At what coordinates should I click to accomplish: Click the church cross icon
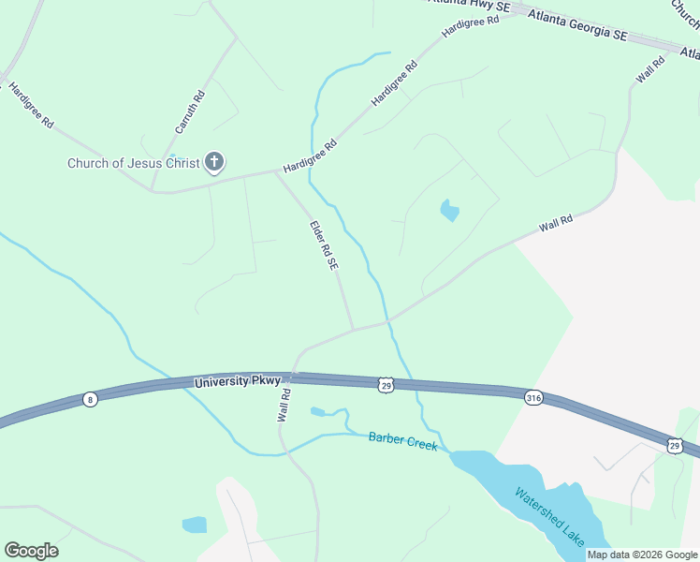[214, 163]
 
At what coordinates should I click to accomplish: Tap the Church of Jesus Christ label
[134, 164]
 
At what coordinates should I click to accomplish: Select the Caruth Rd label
[190, 111]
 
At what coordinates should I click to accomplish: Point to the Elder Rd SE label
[324, 245]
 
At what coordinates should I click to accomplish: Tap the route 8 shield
[90, 399]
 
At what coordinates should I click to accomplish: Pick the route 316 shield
[533, 397]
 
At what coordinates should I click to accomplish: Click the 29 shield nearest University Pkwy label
[386, 384]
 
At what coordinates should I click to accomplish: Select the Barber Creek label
[402, 440]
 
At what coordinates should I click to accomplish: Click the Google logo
[31, 551]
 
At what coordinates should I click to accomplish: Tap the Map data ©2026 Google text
[642, 555]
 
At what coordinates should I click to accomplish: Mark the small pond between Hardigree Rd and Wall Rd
[450, 211]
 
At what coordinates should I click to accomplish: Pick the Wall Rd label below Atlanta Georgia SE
[649, 70]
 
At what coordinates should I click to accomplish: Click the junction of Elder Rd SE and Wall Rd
[354, 329]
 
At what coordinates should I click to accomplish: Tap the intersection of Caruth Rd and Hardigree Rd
[153, 190]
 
